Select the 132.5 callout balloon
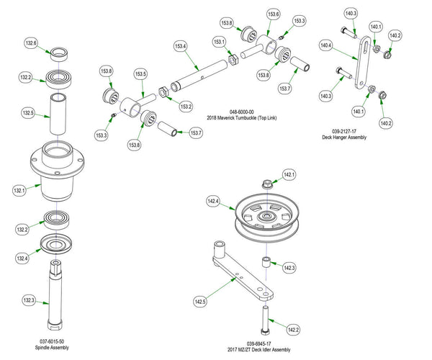pyautogui.click(x=29, y=112)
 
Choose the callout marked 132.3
pyautogui.click(x=29, y=300)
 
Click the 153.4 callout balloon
pyautogui.click(x=181, y=47)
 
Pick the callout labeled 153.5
pyautogui.click(x=140, y=73)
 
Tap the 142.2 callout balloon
pyautogui.click(x=292, y=329)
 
